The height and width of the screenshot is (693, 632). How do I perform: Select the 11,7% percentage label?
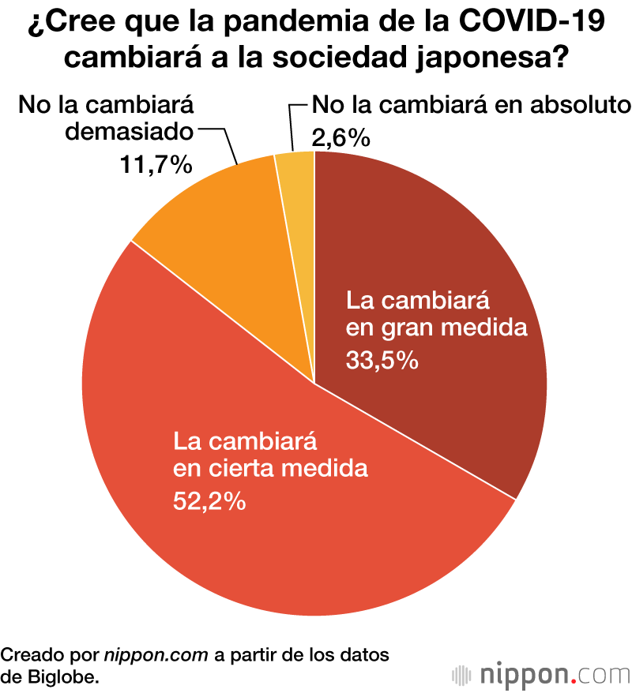point(156,164)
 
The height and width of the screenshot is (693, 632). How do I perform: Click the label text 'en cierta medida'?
point(271,468)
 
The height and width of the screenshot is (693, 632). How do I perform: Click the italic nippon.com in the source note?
point(156,655)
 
